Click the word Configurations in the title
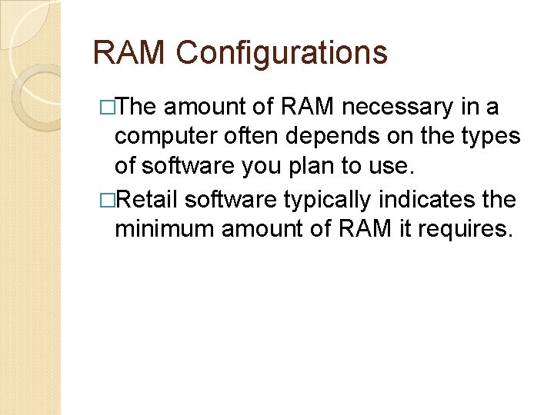click(282, 54)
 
